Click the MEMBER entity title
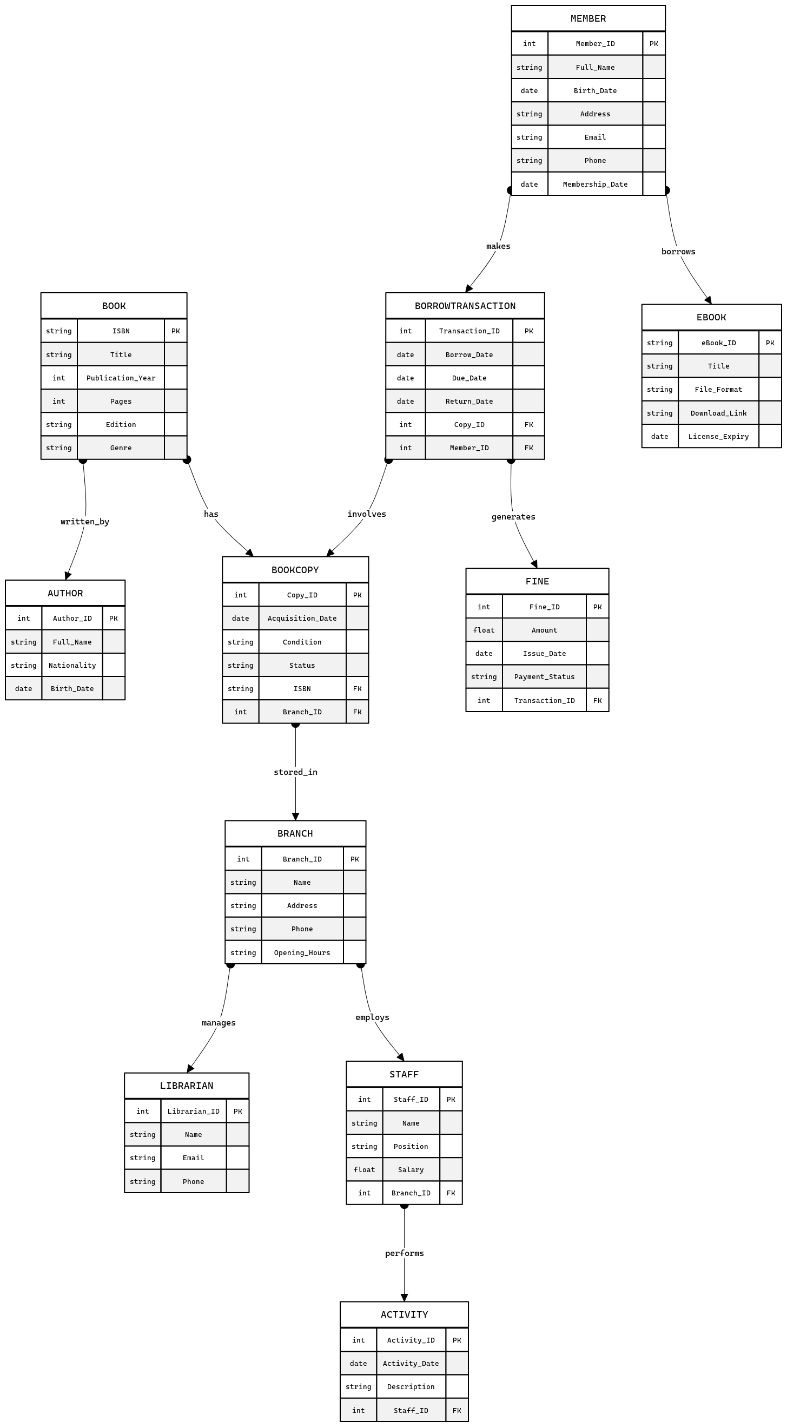coord(587,18)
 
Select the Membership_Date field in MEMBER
coord(595,184)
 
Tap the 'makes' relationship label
coord(498,246)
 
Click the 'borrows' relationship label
coord(678,252)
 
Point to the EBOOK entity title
coord(711,318)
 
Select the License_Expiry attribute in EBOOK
coord(718,437)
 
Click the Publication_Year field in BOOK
coord(121,378)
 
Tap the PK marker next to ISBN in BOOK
coord(175,331)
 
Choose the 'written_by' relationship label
coord(85,521)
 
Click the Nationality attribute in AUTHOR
coord(72,665)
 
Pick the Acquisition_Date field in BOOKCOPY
coord(302,618)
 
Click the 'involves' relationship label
coord(366,514)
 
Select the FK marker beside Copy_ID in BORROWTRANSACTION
coord(528,424)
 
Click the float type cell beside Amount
coord(484,630)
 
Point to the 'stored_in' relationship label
coord(295,772)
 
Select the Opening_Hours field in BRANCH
coord(302,953)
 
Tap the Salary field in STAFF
coord(411,1170)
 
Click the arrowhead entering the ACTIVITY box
coord(404,1297)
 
